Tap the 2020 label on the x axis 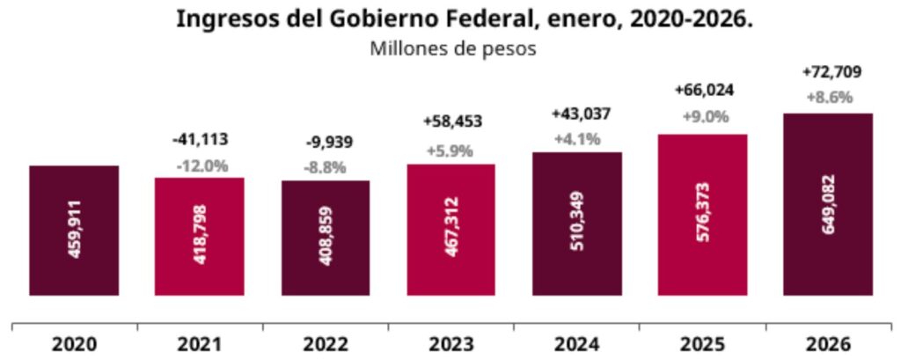(74, 343)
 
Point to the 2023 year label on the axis (450, 343)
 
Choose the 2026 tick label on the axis (827, 343)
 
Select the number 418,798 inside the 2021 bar (201, 238)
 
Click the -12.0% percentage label (200, 165)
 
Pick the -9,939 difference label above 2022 (326, 143)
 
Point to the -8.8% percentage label (326, 167)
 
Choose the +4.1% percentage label (577, 139)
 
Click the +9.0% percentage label (703, 115)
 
